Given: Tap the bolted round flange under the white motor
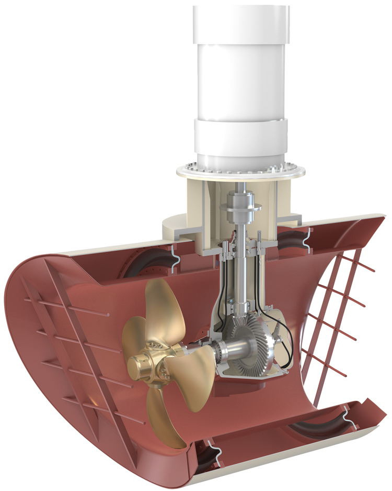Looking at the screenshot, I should tap(241, 171).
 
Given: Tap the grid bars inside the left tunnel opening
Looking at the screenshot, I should tap(68, 335).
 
